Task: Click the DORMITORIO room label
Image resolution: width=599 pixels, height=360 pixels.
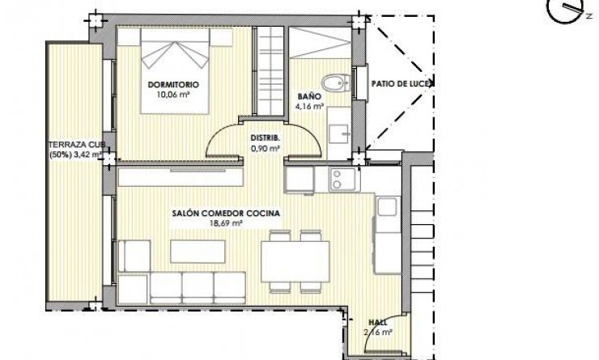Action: coord(173,83)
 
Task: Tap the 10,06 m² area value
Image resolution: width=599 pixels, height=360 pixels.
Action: coord(173,93)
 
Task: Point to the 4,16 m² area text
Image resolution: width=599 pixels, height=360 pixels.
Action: coord(309,105)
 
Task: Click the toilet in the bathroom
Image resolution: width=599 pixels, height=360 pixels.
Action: coord(333,83)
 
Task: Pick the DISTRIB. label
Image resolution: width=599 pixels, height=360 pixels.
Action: coord(264,138)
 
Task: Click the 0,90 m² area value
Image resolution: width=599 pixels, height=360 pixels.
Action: coord(265,149)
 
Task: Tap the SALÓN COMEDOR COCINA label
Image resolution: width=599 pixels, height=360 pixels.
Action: coord(226,214)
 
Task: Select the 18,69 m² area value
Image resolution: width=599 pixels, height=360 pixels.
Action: coord(226,224)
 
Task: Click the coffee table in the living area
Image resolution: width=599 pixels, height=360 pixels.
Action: coord(192,252)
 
